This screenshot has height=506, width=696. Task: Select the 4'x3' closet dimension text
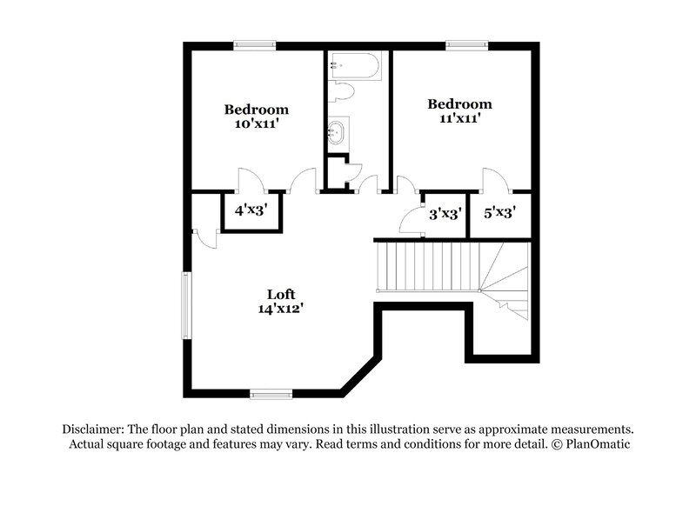pyautogui.click(x=250, y=210)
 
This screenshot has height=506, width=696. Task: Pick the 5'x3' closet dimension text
pyautogui.click(x=500, y=211)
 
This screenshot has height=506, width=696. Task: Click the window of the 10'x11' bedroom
pyautogui.click(x=255, y=44)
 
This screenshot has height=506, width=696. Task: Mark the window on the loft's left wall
pyautogui.click(x=184, y=305)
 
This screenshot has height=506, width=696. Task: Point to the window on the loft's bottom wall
pyautogui.click(x=271, y=395)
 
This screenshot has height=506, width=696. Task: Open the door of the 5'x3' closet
pyautogui.click(x=495, y=178)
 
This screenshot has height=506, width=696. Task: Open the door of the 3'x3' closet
pyautogui.click(x=410, y=223)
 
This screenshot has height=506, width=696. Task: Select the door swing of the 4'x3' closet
pyautogui.click(x=250, y=178)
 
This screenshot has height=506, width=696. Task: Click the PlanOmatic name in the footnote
pyautogui.click(x=599, y=444)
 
